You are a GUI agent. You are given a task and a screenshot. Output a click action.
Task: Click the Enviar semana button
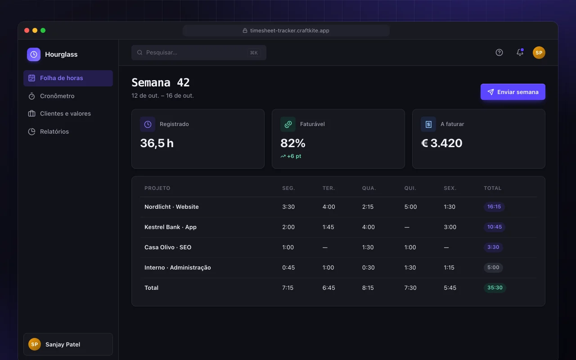click(x=513, y=92)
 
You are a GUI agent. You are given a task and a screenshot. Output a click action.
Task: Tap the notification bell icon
click(x=520, y=52)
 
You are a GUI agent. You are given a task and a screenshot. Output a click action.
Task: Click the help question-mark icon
click(x=499, y=53)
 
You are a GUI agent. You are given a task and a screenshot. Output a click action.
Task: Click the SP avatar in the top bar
click(x=539, y=53)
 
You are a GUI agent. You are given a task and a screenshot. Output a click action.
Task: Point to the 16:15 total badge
click(x=494, y=207)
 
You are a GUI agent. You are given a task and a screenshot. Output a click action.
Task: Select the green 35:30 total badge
click(x=495, y=288)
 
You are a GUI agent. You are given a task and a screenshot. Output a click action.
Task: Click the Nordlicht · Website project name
click(x=171, y=207)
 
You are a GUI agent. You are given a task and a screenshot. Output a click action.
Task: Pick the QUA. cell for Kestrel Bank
click(x=368, y=227)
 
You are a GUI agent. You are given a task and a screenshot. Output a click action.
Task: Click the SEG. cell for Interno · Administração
click(x=288, y=267)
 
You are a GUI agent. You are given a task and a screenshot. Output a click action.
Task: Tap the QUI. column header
click(x=410, y=188)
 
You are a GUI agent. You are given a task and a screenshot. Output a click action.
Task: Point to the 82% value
click(x=292, y=143)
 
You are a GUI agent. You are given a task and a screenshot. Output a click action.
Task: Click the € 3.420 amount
click(x=441, y=143)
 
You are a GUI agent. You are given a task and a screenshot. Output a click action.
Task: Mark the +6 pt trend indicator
click(x=291, y=156)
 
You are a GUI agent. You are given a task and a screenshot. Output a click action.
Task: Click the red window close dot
click(x=27, y=30)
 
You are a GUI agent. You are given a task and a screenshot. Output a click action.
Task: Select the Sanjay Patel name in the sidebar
click(x=63, y=344)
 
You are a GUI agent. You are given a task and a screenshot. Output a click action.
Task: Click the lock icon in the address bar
click(x=245, y=30)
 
